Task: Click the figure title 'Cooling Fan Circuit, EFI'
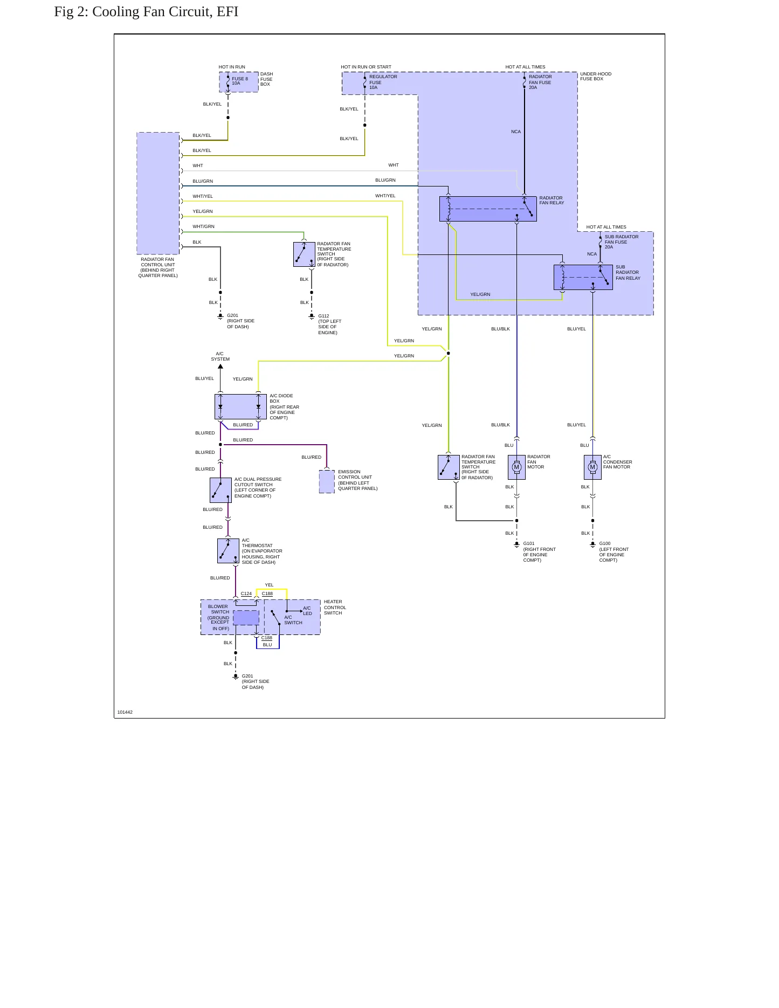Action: (165, 12)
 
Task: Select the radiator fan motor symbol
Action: (516, 467)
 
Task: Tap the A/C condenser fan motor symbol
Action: (592, 467)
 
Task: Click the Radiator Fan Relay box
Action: (488, 209)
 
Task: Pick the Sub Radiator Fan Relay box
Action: (583, 277)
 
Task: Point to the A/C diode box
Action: (240, 406)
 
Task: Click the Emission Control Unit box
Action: (327, 481)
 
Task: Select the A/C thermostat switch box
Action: (228, 551)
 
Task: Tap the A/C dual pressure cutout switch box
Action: (220, 490)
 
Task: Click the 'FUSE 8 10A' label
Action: (240, 81)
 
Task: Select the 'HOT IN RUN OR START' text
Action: (366, 67)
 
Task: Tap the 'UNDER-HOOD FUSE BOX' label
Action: (596, 77)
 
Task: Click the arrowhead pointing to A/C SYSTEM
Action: (220, 367)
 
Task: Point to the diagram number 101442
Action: (125, 712)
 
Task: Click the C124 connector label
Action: (246, 593)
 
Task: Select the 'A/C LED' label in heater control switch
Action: (307, 611)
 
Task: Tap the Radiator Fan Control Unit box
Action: (158, 193)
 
